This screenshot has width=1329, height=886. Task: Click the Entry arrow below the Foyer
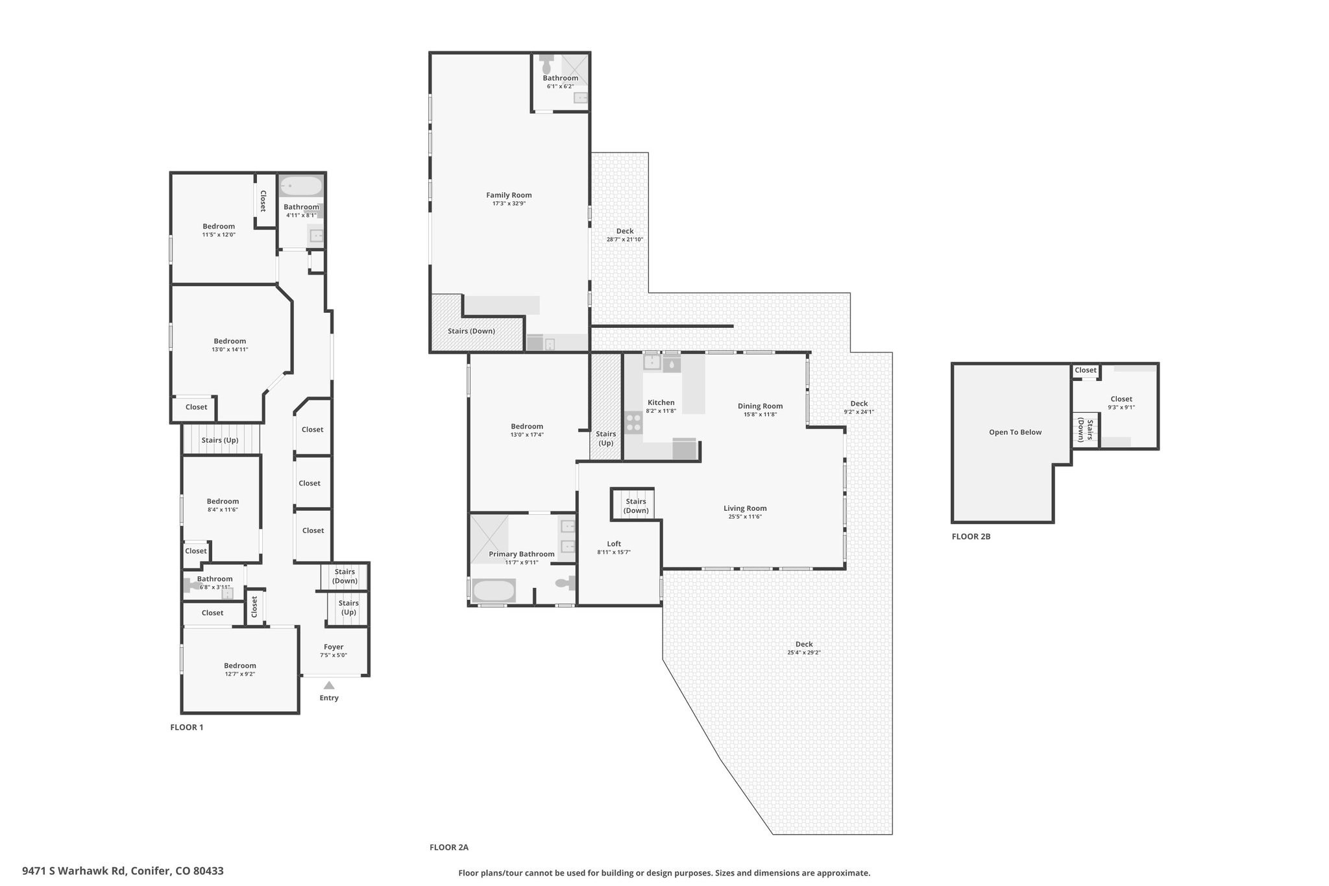(329, 685)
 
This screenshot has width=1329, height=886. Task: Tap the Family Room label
(509, 195)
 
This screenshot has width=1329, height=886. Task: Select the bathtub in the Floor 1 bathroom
(300, 187)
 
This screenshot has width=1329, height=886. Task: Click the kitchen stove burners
(633, 423)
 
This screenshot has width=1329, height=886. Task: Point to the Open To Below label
(1015, 432)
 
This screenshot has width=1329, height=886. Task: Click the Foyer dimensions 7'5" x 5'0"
(334, 655)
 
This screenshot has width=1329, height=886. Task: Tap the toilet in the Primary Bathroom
(566, 584)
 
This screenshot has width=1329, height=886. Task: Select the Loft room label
(614, 544)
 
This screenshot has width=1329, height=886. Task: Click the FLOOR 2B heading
(971, 536)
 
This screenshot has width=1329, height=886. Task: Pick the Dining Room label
(760, 406)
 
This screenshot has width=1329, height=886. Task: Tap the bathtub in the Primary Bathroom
(493, 591)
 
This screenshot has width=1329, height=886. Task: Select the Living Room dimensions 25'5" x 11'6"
(745, 517)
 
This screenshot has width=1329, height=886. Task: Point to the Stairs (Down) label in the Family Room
(471, 331)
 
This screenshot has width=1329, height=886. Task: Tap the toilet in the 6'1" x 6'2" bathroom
(546, 64)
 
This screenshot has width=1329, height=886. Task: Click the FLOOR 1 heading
(187, 727)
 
